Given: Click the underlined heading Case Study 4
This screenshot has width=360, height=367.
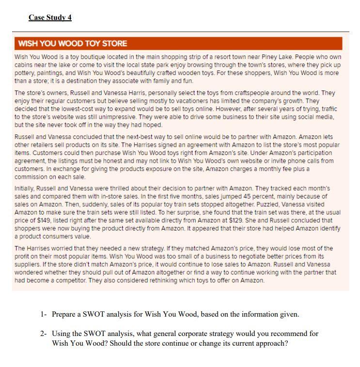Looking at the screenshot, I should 50,17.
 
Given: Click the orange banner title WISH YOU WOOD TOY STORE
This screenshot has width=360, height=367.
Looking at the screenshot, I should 72,44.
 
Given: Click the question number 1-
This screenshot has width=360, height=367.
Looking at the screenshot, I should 44,314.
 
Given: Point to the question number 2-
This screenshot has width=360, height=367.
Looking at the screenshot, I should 44,334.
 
